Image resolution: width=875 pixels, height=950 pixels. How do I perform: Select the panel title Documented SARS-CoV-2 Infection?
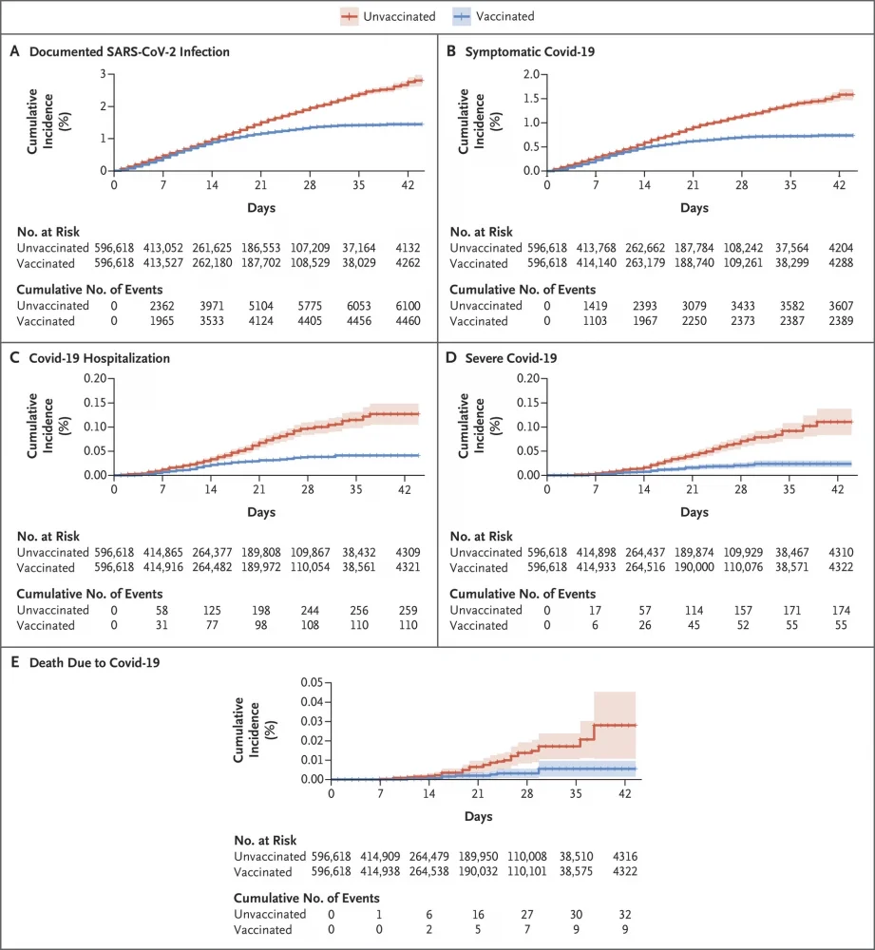pyautogui.click(x=129, y=51)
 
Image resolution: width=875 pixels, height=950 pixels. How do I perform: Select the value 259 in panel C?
pyautogui.click(x=409, y=610)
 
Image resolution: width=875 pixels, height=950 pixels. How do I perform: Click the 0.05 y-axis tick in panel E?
pyautogui.click(x=312, y=682)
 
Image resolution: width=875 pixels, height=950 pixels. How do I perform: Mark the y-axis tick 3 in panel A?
pyautogui.click(x=102, y=74)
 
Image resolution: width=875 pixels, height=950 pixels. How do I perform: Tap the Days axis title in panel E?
pyautogui.click(x=478, y=816)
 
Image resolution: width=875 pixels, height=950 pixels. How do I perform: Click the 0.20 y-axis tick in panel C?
pyautogui.click(x=93, y=378)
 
